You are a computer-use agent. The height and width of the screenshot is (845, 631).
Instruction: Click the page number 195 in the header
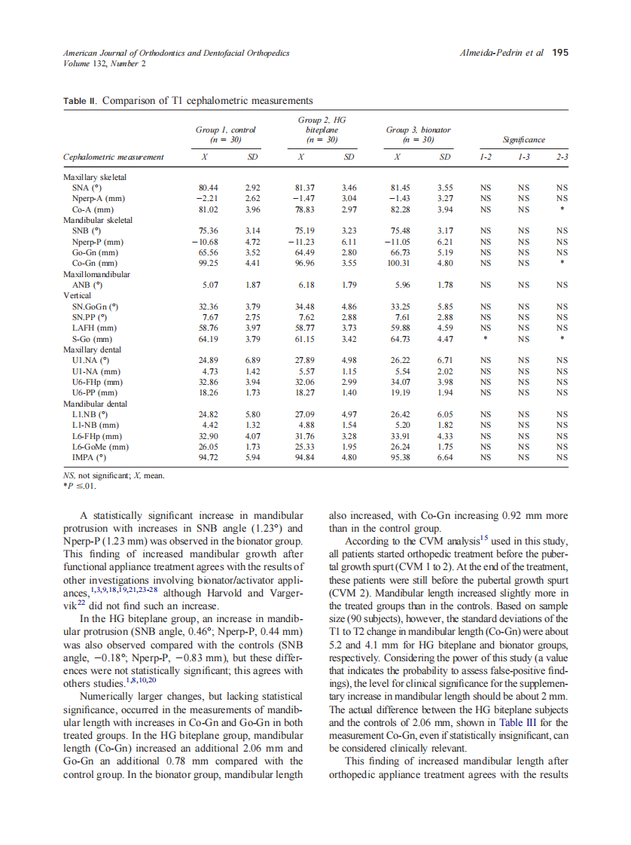[560, 53]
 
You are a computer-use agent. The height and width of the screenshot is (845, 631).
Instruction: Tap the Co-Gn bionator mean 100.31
[399, 264]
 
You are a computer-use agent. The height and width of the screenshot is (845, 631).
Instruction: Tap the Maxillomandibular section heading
[96, 275]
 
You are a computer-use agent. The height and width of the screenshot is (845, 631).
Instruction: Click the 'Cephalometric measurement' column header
[114, 158]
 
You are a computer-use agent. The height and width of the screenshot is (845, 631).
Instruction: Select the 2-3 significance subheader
[561, 158]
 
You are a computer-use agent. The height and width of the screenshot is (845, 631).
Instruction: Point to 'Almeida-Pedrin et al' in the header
[501, 53]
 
